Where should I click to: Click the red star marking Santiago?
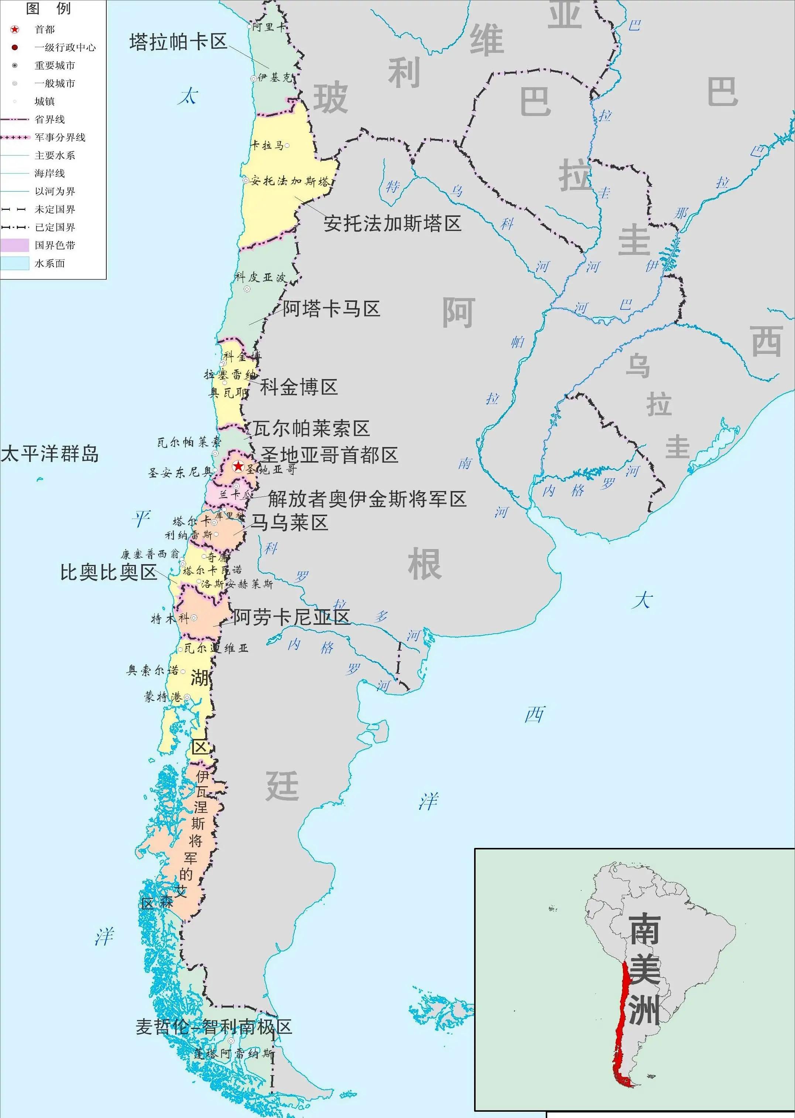238,466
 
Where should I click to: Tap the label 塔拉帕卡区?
179,42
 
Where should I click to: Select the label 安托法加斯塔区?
392,224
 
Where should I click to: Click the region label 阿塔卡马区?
332,309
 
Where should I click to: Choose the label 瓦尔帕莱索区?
311,429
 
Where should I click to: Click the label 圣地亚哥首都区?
329,456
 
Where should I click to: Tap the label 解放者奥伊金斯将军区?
367,500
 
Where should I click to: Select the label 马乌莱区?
289,523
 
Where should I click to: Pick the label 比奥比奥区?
108,572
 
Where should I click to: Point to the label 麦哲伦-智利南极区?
214,1027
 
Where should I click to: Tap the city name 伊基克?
274,78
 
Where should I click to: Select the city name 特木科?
170,618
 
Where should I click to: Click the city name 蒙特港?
162,697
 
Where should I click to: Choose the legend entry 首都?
45,30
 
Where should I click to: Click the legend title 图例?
48,9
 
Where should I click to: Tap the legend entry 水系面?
49,263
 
